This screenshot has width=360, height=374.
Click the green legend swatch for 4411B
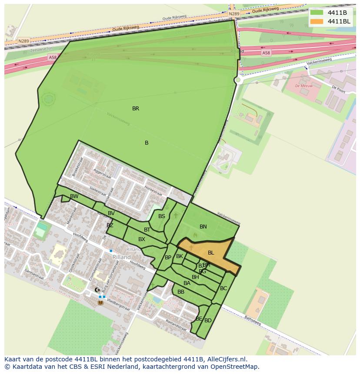tap(317, 13)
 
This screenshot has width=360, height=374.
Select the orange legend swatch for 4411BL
tap(317, 21)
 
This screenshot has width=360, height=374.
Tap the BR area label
tap(136, 109)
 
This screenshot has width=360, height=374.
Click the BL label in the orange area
tap(211, 253)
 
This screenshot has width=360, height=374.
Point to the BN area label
tap(203, 227)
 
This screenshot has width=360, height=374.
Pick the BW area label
tap(74, 196)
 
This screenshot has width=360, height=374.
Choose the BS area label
tap(162, 216)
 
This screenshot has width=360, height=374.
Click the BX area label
tap(142, 239)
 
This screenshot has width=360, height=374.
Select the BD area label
tap(208, 321)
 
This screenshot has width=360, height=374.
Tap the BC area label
tap(223, 288)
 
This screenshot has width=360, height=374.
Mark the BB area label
tap(181, 292)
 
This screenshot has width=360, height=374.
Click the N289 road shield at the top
tap(234, 14)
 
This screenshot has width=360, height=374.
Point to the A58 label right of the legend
tap(266, 53)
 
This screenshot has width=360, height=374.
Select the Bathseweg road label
tap(252, 321)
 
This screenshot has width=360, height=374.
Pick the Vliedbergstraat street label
tap(118, 306)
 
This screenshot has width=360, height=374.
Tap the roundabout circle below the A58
tap(238, 80)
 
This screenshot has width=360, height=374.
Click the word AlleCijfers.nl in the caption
tap(226, 359)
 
